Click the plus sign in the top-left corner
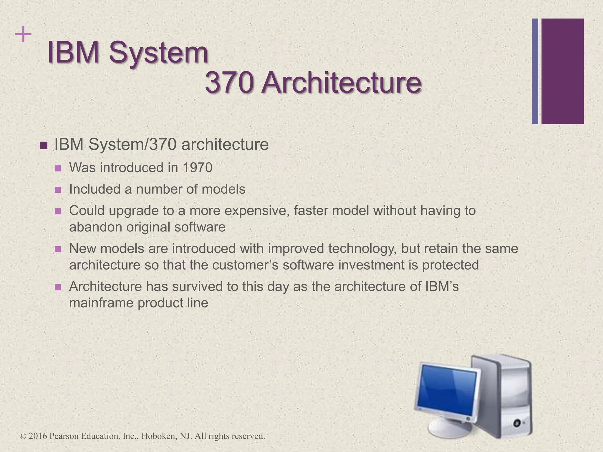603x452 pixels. coord(23,35)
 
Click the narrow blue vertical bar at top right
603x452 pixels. coord(535,71)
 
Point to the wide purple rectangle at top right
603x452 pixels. coord(562,71)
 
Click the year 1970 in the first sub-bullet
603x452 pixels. coord(197,168)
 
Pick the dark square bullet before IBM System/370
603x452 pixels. coord(44,145)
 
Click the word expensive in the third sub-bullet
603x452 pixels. coord(256,211)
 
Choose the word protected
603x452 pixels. coord(450,265)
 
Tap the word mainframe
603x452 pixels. coord(101,303)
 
